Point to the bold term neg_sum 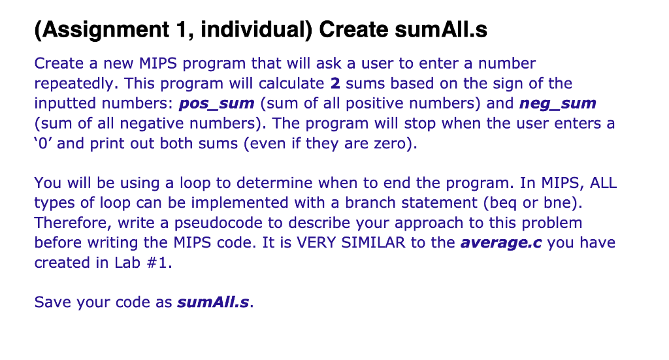557,103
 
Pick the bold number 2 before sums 335,84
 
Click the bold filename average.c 501,243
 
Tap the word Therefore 73,223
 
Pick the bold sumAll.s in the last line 213,303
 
